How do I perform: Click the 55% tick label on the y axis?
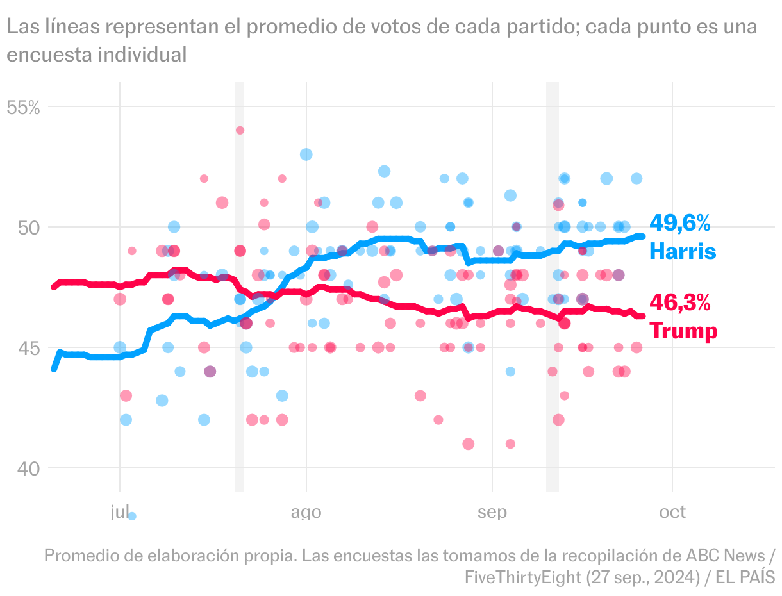click(x=23, y=107)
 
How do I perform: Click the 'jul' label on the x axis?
click(x=119, y=511)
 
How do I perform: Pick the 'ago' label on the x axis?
click(x=306, y=512)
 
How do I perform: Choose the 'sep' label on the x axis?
click(x=492, y=512)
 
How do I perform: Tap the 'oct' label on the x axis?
click(x=672, y=511)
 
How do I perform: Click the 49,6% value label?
click(x=680, y=223)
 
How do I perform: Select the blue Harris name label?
click(x=683, y=251)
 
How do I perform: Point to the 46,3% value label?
click(x=680, y=302)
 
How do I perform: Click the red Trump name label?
click(x=683, y=331)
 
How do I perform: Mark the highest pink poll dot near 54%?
click(x=240, y=130)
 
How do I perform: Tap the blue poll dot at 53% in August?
click(x=306, y=154)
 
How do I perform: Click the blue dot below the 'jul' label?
click(x=132, y=516)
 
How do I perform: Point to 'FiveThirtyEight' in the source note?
click(x=522, y=577)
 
